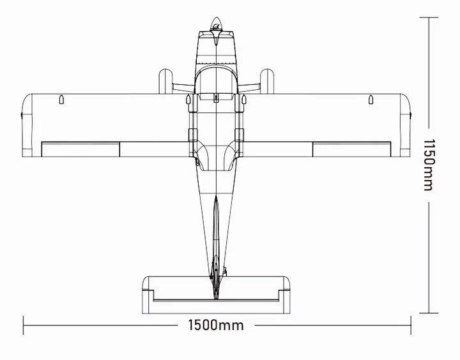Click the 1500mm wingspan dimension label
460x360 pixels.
point(216,325)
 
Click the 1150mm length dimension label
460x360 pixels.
point(428,165)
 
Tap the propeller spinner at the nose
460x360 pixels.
point(216,24)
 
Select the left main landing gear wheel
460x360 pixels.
point(165,81)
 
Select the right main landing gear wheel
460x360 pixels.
point(267,81)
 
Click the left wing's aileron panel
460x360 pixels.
point(80,149)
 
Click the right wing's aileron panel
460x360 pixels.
point(351,149)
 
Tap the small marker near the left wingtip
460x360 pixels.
point(61,100)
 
